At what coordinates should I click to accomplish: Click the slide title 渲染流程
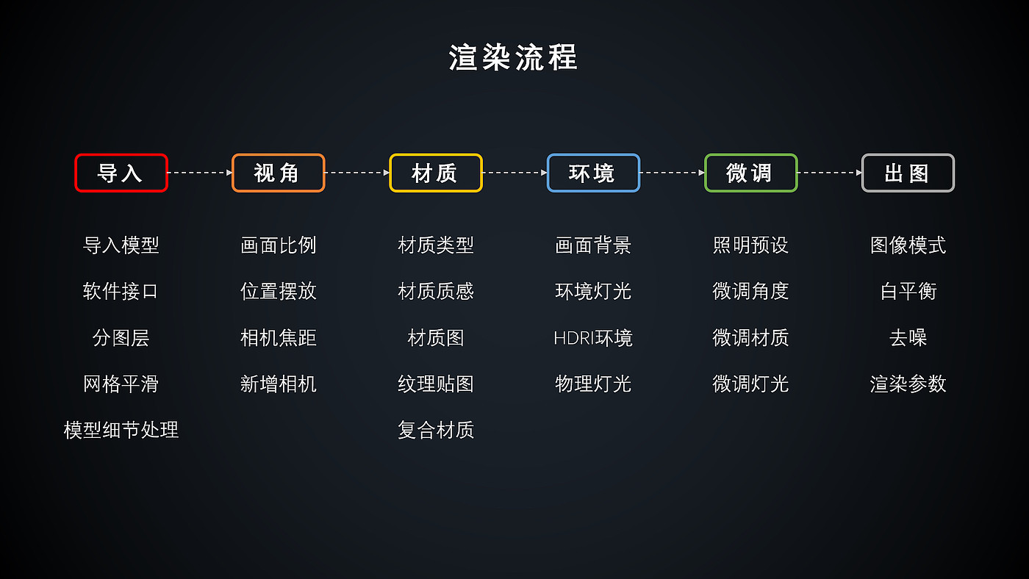(513, 57)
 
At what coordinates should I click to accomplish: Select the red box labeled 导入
(121, 173)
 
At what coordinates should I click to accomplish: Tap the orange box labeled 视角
(278, 173)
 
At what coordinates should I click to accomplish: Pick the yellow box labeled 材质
(436, 173)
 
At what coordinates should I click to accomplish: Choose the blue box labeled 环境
(593, 173)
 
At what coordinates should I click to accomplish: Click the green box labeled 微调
(750, 173)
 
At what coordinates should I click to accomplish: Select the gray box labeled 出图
(908, 173)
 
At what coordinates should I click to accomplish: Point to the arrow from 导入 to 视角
(200, 173)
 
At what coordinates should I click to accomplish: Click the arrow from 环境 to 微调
(672, 173)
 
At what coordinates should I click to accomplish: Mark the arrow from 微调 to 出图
(829, 173)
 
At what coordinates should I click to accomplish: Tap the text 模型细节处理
(121, 430)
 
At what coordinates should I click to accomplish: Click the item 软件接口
(121, 292)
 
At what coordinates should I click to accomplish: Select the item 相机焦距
(278, 338)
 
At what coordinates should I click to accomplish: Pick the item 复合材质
(436, 430)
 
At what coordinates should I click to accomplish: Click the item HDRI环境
(593, 338)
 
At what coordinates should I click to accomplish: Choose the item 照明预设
(750, 245)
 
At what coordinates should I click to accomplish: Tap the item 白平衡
(908, 292)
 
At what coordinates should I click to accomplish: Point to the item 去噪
(908, 338)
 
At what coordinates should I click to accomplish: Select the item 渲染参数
(908, 384)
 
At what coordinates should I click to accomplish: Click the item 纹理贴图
(436, 384)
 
